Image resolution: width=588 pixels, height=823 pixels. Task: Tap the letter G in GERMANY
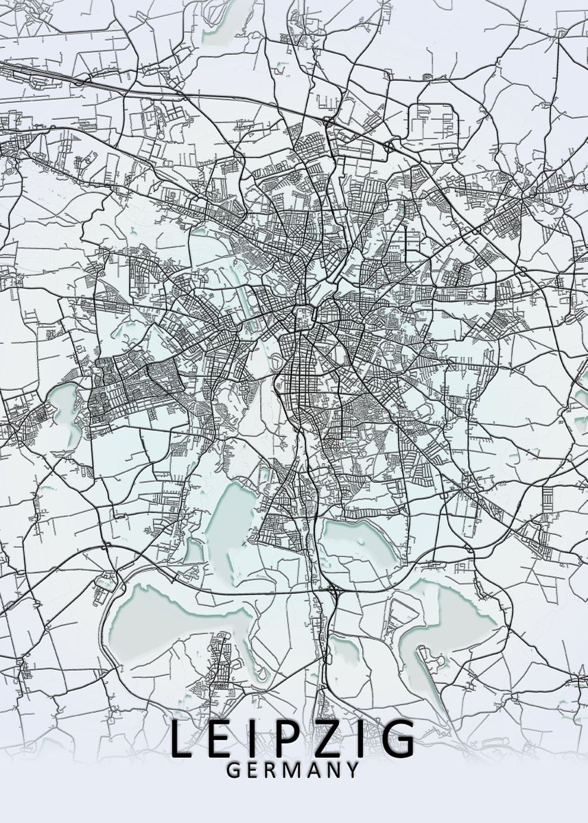(x=233, y=770)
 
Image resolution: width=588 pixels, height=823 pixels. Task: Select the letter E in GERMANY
(x=252, y=770)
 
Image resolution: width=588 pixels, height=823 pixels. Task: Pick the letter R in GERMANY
(x=270, y=770)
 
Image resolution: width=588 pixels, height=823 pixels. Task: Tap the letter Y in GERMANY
(x=351, y=770)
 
